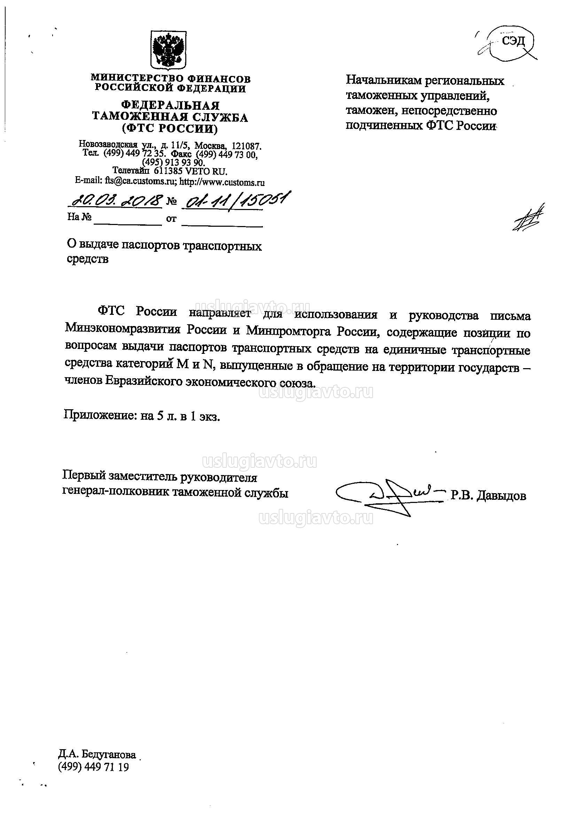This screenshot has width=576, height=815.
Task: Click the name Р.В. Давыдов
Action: point(488,496)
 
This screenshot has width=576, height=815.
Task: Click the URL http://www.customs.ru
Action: point(222,183)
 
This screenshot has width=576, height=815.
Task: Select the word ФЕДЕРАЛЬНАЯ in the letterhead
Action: point(170,106)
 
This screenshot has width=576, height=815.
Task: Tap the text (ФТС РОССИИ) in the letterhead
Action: point(170,129)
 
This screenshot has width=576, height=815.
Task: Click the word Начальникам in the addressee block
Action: point(383,81)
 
